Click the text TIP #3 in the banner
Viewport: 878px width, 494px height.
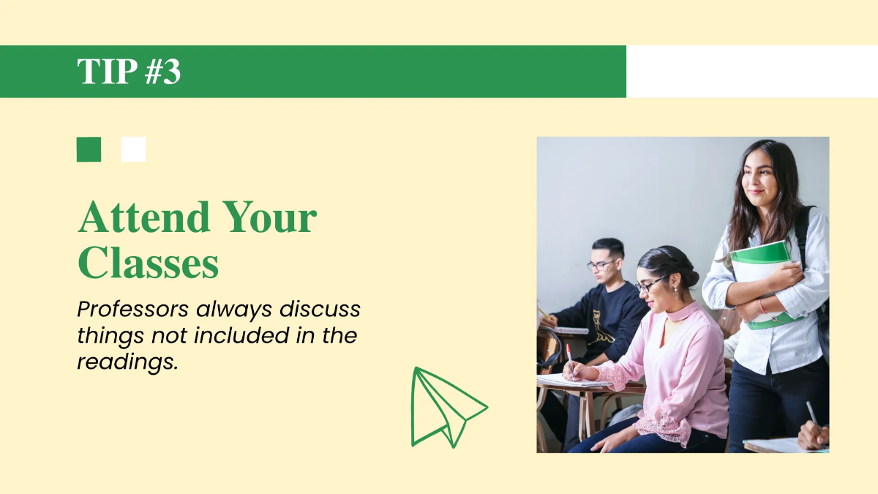click(x=129, y=72)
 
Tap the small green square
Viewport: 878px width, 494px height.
click(x=89, y=149)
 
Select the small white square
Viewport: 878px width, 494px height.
click(x=134, y=149)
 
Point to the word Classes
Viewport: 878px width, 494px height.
click(x=149, y=263)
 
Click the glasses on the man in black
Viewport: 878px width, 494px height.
click(x=601, y=264)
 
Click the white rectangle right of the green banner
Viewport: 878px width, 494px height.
click(x=751, y=72)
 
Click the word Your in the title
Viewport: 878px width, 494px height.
click(x=269, y=217)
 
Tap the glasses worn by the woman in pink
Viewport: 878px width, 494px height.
click(x=650, y=285)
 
